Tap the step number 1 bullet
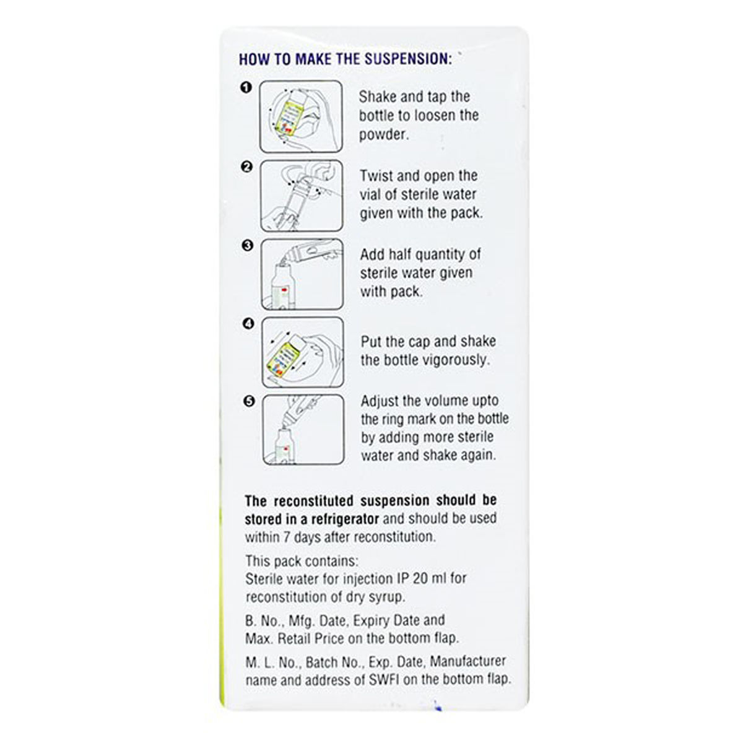(246, 88)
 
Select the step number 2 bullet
(246, 167)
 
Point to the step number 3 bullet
(247, 245)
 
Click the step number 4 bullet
(248, 323)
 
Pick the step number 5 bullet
(249, 401)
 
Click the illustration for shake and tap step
(301, 116)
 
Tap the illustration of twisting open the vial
(302, 195)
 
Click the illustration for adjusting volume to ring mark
(303, 430)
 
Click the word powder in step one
(383, 134)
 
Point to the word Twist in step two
(376, 176)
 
